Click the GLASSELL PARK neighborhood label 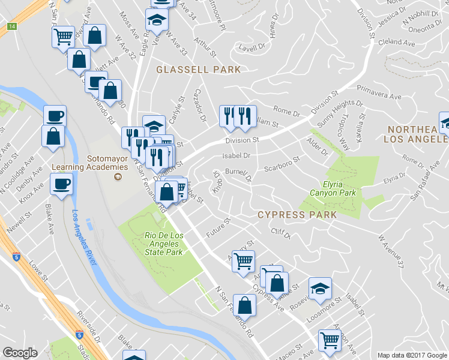(198, 70)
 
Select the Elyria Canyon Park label (332, 188)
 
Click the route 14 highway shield (11, 26)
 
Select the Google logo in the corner (20, 353)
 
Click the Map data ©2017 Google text (412, 355)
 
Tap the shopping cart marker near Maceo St (330, 340)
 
